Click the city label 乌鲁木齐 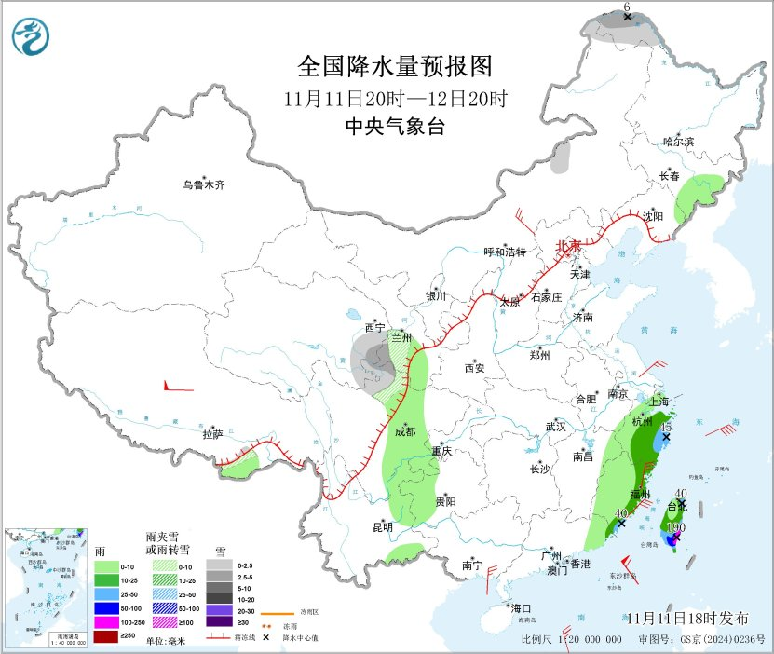coord(204,185)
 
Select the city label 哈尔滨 coord(678,142)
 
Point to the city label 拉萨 coord(213,434)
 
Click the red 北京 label coord(568,246)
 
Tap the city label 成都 coord(405,431)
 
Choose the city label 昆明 coord(383,527)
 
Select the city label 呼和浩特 coord(504,252)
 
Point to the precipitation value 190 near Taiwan coord(676,527)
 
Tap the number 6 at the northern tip coord(627,7)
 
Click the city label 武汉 coord(556,427)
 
